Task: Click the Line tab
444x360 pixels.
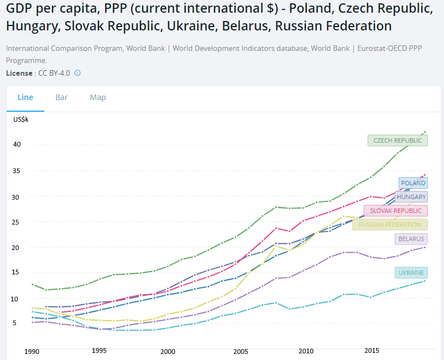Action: (25, 97)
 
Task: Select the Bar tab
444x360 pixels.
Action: (61, 97)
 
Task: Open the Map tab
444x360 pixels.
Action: (98, 97)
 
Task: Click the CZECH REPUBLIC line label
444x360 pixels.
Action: (398, 140)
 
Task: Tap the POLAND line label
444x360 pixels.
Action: (413, 183)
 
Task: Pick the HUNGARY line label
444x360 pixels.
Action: (411, 197)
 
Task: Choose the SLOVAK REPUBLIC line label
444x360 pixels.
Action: (395, 211)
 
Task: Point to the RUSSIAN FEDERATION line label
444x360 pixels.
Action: (390, 225)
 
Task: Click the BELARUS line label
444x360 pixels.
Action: (411, 239)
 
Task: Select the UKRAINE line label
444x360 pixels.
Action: (411, 273)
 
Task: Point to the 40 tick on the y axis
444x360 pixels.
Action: (18, 145)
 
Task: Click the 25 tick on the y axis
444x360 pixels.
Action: (18, 222)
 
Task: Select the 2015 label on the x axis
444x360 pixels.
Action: (372, 351)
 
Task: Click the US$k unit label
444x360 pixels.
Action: (21, 119)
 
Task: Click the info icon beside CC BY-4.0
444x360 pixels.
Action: (77, 72)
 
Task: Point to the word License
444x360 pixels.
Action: (19, 73)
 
